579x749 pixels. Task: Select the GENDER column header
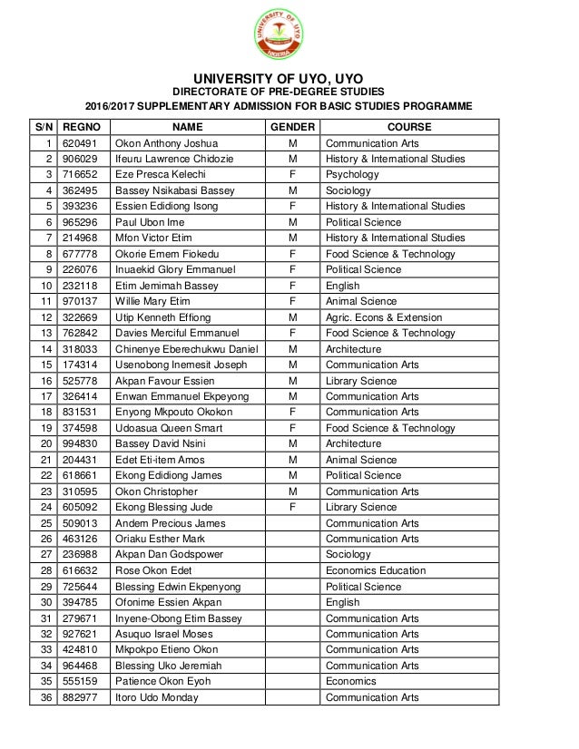[292, 127]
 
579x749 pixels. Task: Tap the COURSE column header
[409, 127]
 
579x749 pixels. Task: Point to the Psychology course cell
[352, 175]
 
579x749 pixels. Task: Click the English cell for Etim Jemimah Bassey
[343, 286]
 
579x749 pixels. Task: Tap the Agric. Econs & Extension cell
[384, 317]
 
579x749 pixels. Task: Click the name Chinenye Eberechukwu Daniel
[185, 349]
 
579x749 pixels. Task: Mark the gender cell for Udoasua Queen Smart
[292, 428]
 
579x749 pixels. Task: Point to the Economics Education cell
[376, 570]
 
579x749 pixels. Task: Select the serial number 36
[45, 697]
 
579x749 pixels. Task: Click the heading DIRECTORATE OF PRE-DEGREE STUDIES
[285, 92]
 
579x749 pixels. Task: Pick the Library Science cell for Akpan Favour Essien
[361, 381]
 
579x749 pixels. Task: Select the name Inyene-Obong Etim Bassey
[179, 618]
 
